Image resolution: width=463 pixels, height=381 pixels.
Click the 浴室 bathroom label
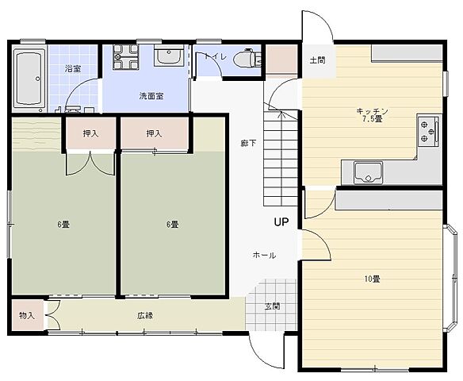tap(73, 69)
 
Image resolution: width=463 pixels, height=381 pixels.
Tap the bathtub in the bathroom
tap(29, 79)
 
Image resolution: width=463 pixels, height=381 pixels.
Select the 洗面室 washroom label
tap(151, 96)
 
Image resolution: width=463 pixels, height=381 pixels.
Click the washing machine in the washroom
tap(125, 56)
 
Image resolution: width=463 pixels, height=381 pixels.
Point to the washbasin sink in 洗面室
tap(169, 56)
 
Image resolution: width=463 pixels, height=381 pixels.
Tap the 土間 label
tap(317, 60)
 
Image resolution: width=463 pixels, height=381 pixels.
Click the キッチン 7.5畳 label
tap(372, 115)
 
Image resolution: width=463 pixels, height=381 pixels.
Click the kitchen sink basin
tap(368, 172)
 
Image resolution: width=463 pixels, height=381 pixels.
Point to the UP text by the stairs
tap(281, 221)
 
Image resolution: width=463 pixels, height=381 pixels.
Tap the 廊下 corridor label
tap(248, 144)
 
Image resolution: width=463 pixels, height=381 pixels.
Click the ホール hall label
tap(265, 255)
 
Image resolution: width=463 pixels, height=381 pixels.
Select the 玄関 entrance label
tap(272, 306)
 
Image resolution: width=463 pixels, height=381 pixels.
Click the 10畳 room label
tap(372, 279)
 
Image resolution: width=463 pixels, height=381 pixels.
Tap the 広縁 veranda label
tap(145, 316)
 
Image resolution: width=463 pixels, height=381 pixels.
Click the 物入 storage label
tap(27, 315)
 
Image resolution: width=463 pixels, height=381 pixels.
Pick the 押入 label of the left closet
tap(90, 133)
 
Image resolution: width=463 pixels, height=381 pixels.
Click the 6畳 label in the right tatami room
tap(172, 225)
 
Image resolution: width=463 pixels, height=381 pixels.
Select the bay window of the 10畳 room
tap(450, 278)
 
